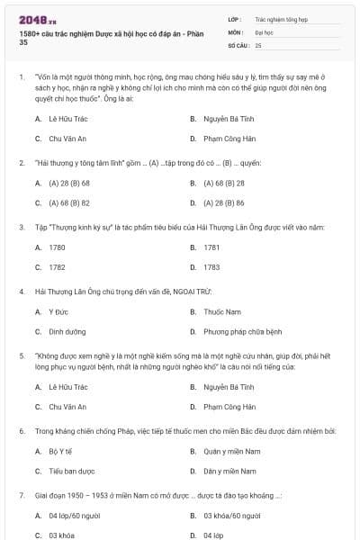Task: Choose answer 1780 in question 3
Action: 57,247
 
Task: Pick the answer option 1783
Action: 211,267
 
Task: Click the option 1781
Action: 211,247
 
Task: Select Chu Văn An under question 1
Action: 67,139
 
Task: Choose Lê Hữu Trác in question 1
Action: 67,118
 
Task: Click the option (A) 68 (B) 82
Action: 68,203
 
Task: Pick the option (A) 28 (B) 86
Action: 224,203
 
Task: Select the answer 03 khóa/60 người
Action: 231,516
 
